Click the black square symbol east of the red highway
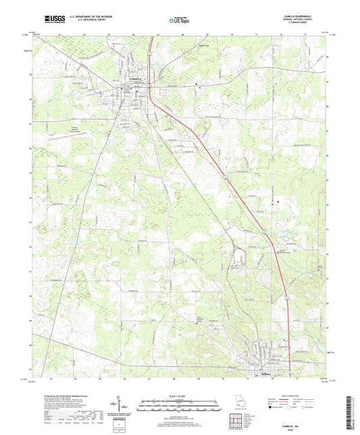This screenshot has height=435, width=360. [279, 201]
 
